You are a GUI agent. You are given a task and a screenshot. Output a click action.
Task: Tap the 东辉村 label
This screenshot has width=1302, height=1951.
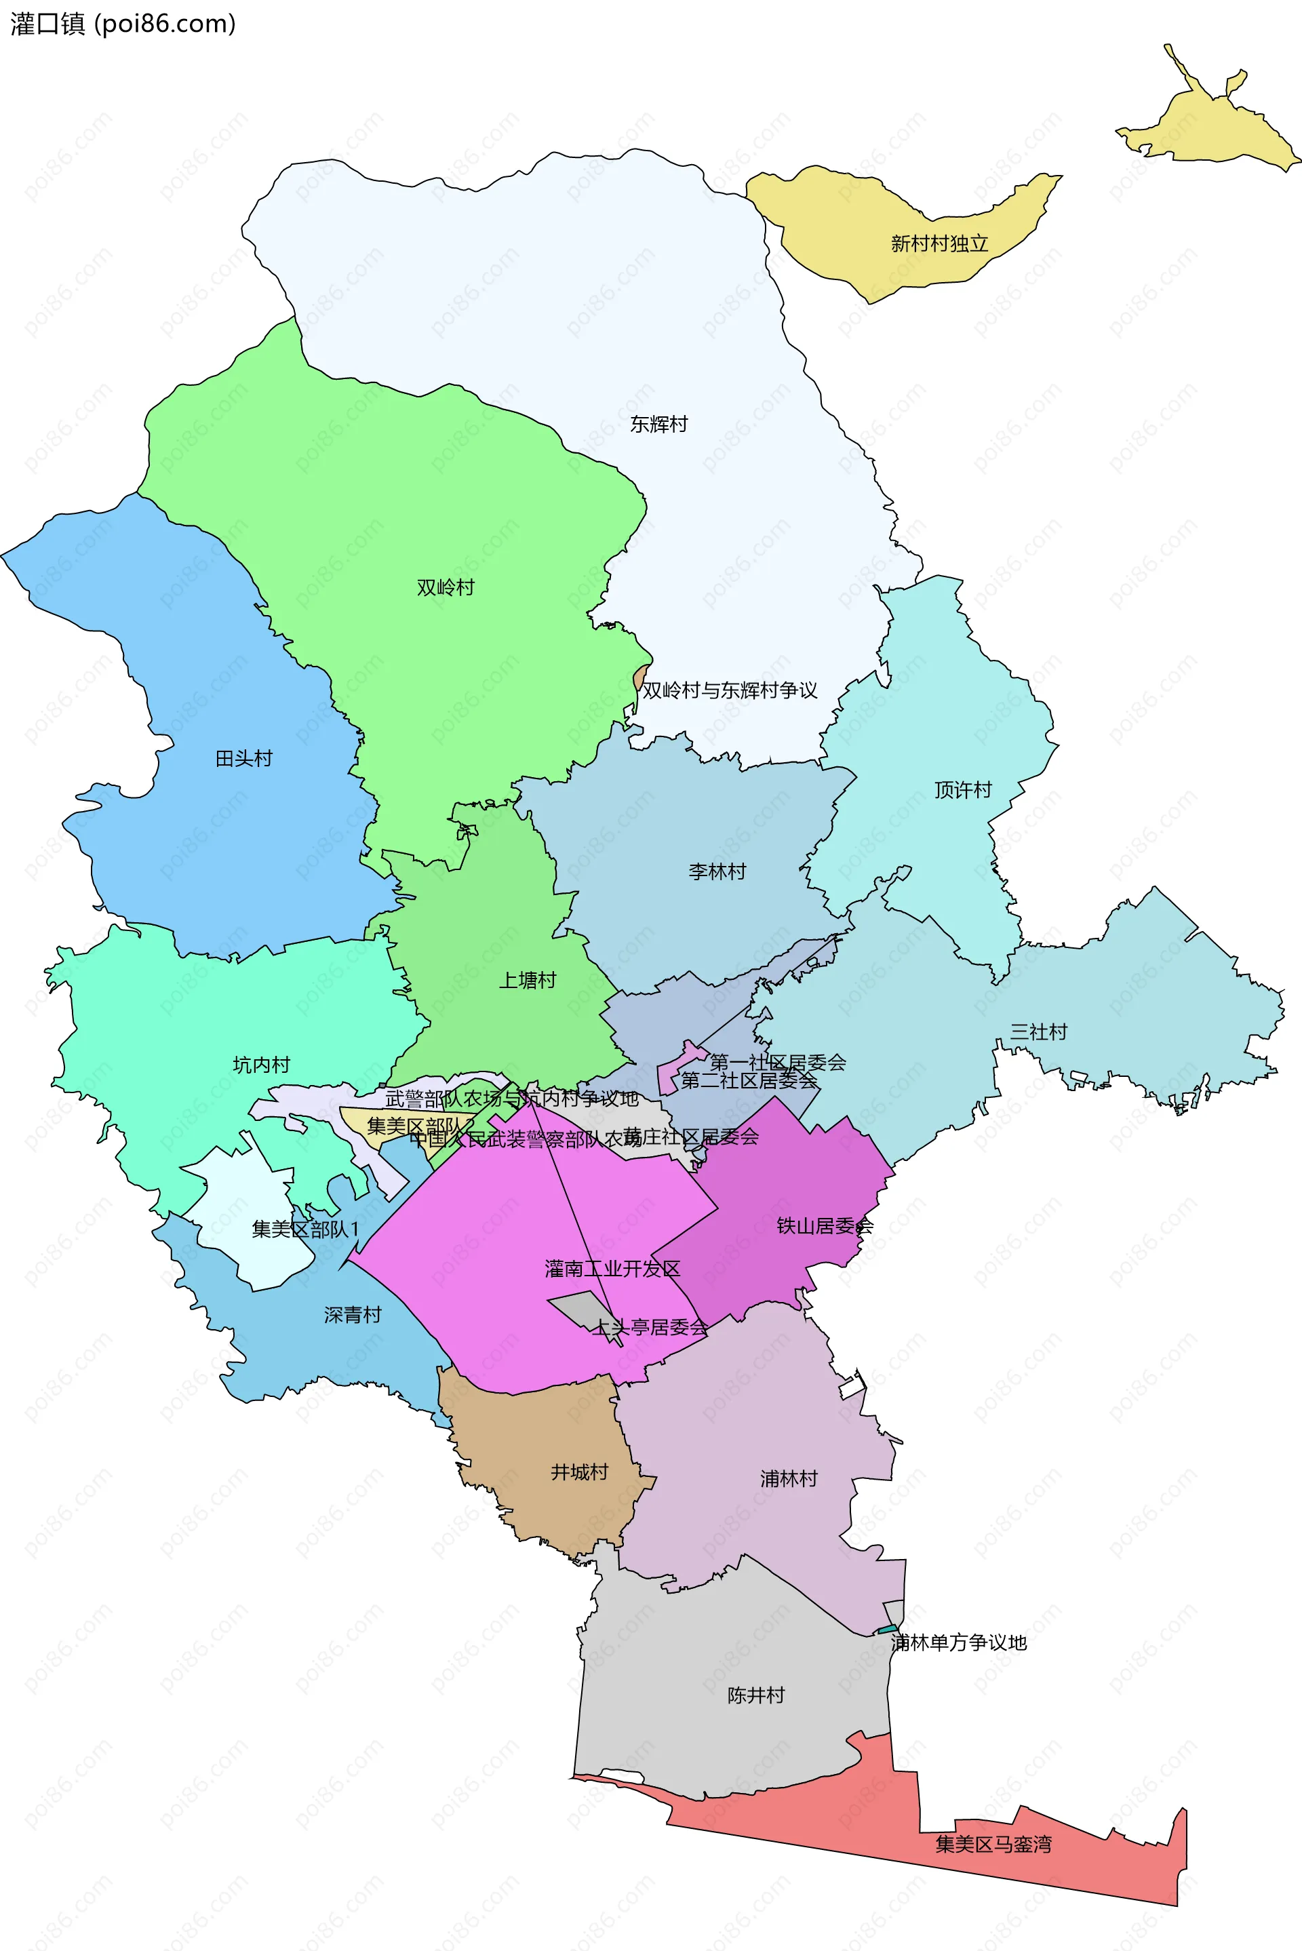pos(658,425)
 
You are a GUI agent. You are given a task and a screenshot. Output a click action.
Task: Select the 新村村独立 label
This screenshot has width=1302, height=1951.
pos(939,243)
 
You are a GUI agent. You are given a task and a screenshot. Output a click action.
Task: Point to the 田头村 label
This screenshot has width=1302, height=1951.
pos(243,758)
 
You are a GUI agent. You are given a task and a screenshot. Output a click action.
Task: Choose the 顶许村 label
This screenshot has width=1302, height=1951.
pos(962,789)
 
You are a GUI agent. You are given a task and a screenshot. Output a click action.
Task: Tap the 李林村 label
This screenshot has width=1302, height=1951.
pos(717,871)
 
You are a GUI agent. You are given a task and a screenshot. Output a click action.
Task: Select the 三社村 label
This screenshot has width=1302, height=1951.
pos(1038,1031)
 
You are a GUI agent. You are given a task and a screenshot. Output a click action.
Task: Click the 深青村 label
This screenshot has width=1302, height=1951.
pos(352,1314)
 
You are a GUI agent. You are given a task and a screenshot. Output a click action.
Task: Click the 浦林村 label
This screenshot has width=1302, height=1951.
pos(788,1478)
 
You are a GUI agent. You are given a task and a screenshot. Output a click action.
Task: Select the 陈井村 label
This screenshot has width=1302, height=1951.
pos(755,1695)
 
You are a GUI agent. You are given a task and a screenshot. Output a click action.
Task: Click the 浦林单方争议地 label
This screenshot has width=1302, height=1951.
pos(958,1642)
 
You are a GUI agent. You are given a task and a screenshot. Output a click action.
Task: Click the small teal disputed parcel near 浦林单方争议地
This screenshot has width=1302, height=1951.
pos(887,1630)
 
